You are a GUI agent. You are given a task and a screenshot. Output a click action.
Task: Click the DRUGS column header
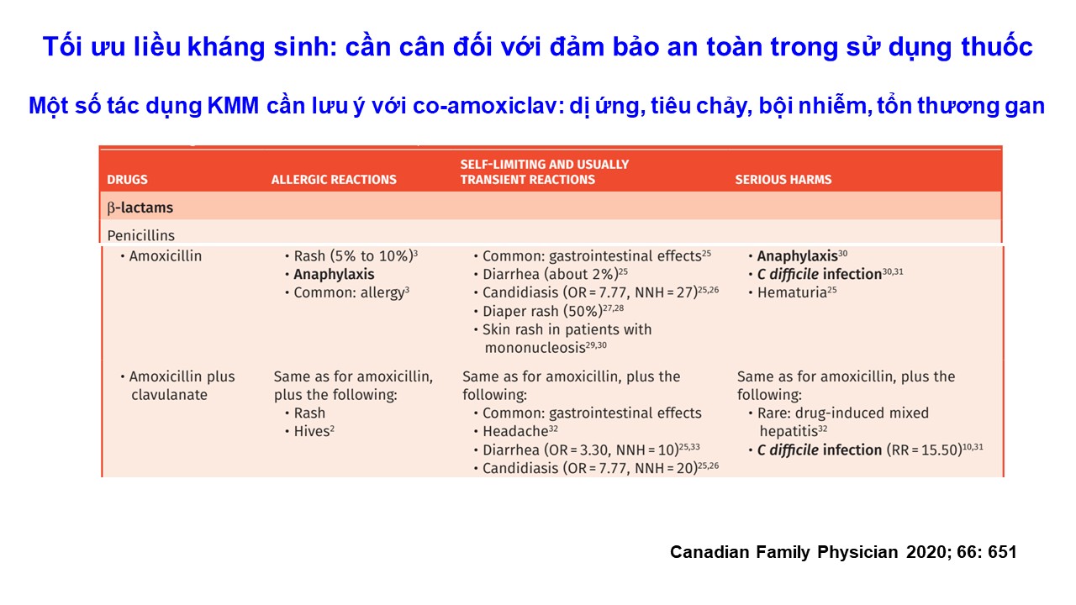pos(127,180)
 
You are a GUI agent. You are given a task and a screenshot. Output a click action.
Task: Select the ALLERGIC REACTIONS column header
pos(334,180)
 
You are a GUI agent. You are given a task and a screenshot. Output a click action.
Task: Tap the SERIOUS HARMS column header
pos(783,180)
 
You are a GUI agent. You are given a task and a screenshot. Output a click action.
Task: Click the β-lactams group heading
pos(140,208)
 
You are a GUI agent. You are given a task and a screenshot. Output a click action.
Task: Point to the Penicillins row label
pos(140,235)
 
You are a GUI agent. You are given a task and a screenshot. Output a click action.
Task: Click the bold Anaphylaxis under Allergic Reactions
pos(334,274)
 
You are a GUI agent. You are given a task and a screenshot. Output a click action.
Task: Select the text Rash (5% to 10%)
pos(354,256)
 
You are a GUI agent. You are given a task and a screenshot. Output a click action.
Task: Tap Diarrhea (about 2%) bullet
pos(551,274)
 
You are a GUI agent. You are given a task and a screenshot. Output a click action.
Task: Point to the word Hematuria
pos(792,292)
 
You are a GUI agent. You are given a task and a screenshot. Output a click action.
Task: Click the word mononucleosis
pos(535,348)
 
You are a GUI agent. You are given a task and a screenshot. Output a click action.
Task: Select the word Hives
pos(311,431)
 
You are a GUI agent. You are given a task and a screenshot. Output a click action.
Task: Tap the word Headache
pos(515,431)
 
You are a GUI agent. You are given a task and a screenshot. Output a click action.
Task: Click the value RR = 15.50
pos(924,450)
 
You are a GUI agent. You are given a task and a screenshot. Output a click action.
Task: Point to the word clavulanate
pos(169,395)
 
